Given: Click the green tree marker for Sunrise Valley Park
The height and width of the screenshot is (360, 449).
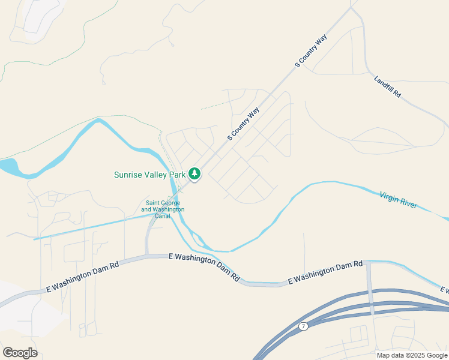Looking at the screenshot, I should [x=194, y=174].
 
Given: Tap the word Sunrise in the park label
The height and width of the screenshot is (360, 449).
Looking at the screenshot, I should [x=129, y=175].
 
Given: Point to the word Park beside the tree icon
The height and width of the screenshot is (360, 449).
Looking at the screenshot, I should [x=178, y=175].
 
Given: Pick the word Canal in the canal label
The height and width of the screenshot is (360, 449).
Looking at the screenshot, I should [x=163, y=216].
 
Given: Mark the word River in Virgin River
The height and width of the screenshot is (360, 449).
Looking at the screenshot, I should [x=408, y=204].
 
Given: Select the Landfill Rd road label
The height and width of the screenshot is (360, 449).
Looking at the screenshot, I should [x=387, y=88].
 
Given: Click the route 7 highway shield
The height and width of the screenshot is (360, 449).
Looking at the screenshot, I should [x=304, y=326].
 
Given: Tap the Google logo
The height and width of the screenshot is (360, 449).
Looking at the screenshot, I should [x=20, y=353].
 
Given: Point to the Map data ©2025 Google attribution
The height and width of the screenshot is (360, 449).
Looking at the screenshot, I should [x=412, y=355].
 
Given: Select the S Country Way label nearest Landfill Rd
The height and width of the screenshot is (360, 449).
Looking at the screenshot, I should [x=311, y=51].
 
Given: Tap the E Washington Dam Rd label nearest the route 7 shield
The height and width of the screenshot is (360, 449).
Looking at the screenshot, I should [x=326, y=272].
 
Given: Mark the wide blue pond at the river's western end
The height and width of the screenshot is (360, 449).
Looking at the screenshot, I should [x=7, y=166].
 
